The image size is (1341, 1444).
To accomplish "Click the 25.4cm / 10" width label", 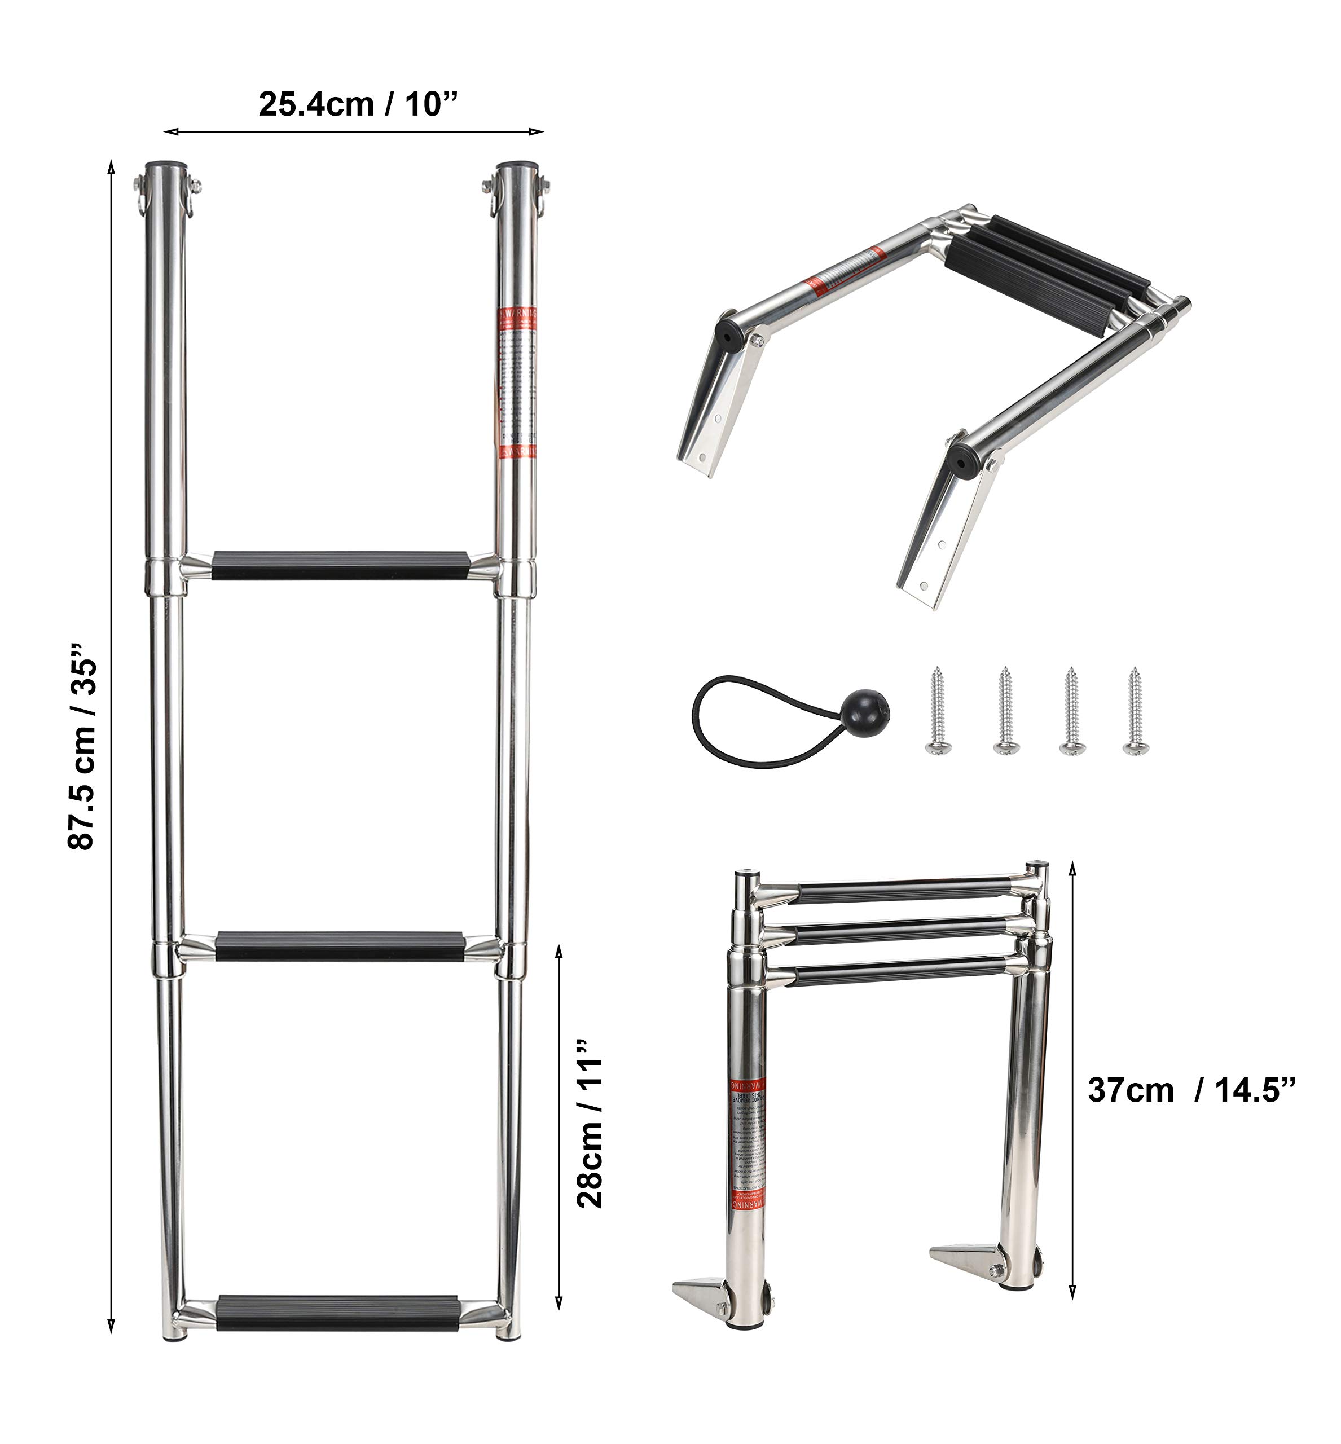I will click(358, 104).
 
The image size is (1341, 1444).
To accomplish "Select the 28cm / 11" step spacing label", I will click(589, 1123).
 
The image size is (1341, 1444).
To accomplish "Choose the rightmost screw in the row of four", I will click(1134, 710).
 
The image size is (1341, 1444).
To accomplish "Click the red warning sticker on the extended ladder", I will click(517, 382).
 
